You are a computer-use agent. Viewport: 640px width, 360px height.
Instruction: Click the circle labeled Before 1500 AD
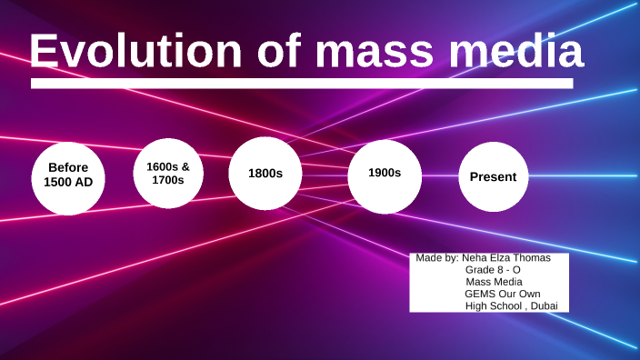tap(68, 178)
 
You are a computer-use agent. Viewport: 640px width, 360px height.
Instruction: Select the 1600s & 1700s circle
tap(168, 173)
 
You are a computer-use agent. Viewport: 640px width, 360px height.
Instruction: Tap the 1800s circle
tap(265, 173)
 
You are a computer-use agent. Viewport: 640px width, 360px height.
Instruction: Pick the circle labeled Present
tap(493, 177)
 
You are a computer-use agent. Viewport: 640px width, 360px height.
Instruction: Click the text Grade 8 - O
tap(493, 270)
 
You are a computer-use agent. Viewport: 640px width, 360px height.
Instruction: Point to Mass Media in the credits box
tap(494, 282)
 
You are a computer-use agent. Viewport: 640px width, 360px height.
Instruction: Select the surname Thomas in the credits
tap(532, 258)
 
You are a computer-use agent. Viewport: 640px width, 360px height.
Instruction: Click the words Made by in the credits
tap(436, 258)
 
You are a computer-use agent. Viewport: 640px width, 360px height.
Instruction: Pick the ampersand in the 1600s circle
tap(185, 166)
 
